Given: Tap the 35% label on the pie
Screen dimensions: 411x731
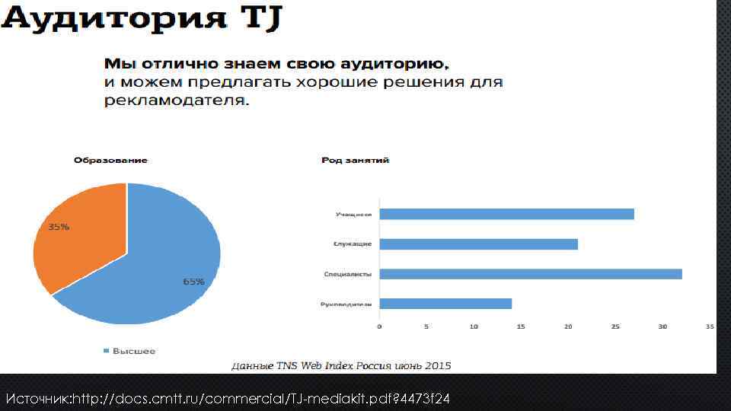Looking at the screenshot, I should [x=59, y=227].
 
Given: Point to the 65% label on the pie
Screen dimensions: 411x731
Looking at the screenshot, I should [x=193, y=281].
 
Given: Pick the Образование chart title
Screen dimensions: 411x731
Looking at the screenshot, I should [x=110, y=161].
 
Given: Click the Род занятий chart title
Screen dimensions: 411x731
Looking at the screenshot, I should [x=356, y=161].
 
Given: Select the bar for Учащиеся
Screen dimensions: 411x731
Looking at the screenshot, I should [x=506, y=214].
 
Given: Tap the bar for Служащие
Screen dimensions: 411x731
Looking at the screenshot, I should [x=478, y=244].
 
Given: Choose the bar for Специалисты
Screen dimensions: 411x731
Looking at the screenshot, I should [x=530, y=274].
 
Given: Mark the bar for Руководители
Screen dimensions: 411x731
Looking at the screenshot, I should [x=445, y=304].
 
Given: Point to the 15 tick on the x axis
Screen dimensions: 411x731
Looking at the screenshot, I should [x=521, y=327].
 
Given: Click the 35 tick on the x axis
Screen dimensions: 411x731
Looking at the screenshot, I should [x=710, y=327].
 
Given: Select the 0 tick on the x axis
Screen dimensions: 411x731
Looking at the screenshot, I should [x=379, y=327].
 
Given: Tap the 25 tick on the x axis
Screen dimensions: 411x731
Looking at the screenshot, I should [x=615, y=327].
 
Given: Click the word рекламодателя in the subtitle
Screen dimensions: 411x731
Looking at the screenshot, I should [x=176, y=100].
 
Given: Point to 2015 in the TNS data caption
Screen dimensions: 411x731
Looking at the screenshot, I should [x=438, y=366].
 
